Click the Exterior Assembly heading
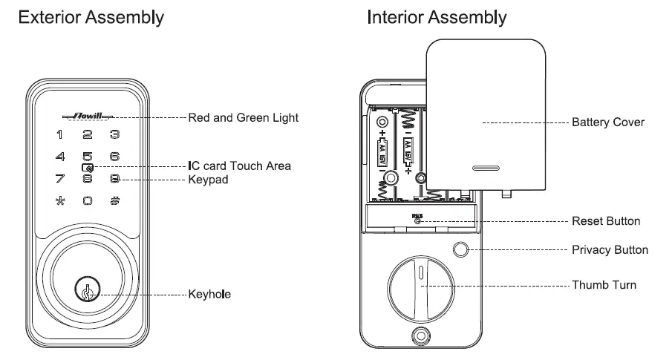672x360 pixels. (x=91, y=18)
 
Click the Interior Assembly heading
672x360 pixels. (x=437, y=18)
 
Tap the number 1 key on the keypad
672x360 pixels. (x=59, y=135)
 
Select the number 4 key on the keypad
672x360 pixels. (x=59, y=157)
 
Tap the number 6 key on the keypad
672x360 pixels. (x=114, y=157)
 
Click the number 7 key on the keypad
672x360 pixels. (x=59, y=179)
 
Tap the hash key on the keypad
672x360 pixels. (x=114, y=201)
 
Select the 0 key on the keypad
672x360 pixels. (x=87, y=201)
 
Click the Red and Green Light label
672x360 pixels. (x=244, y=117)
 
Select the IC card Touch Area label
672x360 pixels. (x=239, y=166)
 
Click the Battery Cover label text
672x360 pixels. (x=608, y=122)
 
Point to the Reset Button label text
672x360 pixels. (x=606, y=221)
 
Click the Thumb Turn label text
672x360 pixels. (x=604, y=285)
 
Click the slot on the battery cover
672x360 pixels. (x=487, y=168)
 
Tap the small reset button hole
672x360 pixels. (x=417, y=220)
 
